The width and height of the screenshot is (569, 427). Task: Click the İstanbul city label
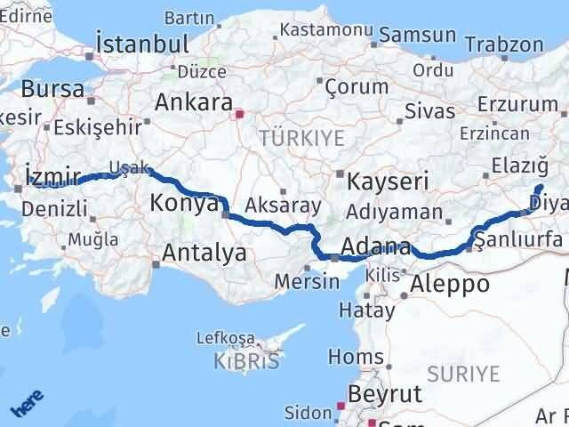tap(142, 44)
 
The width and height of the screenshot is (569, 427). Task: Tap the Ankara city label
tap(194, 101)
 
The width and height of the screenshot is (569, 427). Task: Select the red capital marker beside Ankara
tap(237, 114)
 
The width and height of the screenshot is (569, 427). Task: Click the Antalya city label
tap(204, 254)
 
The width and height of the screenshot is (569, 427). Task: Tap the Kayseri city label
tap(387, 181)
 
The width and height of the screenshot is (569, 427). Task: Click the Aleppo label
tap(450, 285)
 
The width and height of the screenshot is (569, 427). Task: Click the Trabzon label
tap(504, 44)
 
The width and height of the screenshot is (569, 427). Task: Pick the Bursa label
tap(52, 89)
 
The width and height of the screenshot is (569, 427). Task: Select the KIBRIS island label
tap(246, 360)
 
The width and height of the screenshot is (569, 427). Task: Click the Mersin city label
tap(308, 282)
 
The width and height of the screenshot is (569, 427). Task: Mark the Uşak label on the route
tap(124, 166)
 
